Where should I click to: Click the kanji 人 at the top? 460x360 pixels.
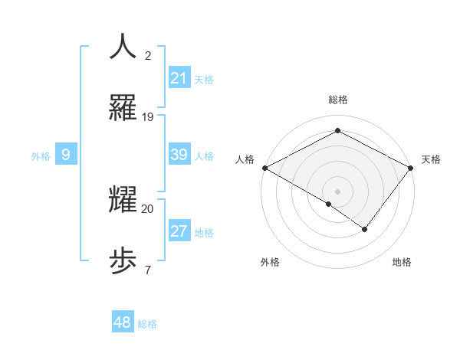click(123, 47)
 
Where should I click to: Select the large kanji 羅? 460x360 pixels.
click(123, 108)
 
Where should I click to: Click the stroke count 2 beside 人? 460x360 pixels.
click(148, 56)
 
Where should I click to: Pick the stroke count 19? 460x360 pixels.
click(148, 117)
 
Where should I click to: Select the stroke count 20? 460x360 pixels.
click(148, 208)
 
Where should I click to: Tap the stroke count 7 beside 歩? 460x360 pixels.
click(147, 270)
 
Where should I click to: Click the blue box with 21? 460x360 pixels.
click(179, 78)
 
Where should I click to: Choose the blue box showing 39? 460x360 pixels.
click(179, 155)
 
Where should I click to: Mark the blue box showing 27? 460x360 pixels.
click(179, 231)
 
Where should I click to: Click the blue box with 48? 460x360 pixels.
click(123, 322)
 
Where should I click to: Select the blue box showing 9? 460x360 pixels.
click(66, 155)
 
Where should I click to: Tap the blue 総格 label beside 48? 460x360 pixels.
click(147, 324)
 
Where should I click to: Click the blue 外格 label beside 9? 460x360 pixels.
click(41, 155)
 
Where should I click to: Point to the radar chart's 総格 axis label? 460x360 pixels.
click(338, 100)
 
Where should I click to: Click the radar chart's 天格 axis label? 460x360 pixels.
click(431, 159)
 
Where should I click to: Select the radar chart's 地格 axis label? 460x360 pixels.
click(402, 262)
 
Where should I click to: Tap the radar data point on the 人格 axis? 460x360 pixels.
click(264, 168)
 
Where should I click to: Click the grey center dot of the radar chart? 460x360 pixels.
click(338, 191)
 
